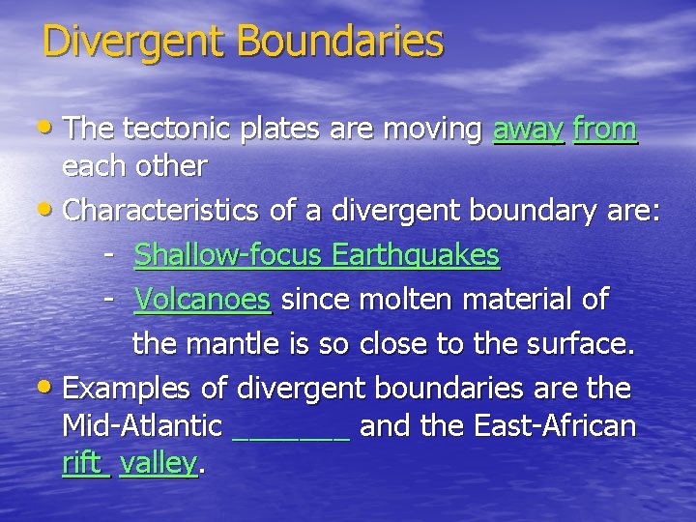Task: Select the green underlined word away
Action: [528, 129]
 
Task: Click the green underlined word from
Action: [605, 129]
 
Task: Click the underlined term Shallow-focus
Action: [229, 255]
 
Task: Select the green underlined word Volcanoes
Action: [203, 300]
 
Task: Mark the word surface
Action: [580, 343]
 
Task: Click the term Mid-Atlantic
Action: [142, 425]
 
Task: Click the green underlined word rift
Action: [84, 462]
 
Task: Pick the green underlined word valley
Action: [159, 463]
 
